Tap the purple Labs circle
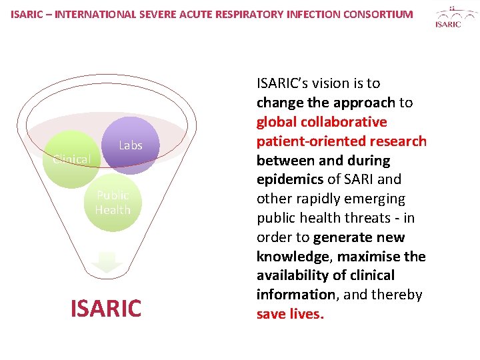(x=131, y=145)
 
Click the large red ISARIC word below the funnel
(x=107, y=308)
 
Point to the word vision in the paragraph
(x=331, y=83)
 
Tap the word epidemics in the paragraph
(x=289, y=179)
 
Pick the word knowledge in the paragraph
(x=293, y=257)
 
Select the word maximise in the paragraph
(x=369, y=257)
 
